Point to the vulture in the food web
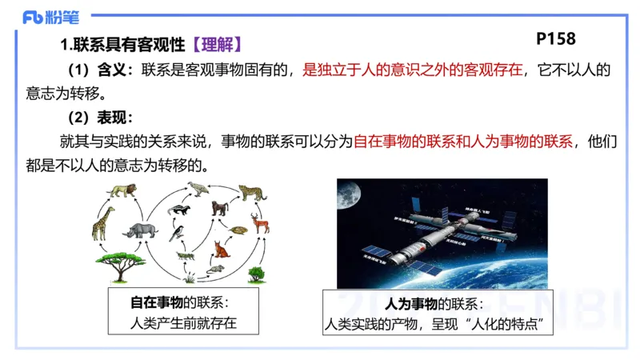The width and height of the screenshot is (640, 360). click(x=197, y=190)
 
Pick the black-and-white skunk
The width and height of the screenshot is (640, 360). click(x=178, y=210)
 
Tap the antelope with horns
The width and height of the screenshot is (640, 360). click(x=261, y=222)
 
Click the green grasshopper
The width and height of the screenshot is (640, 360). click(x=185, y=256)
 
